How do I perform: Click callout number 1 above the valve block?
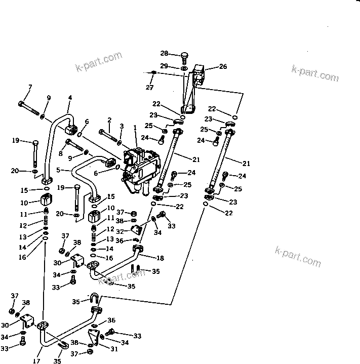coord(135,128)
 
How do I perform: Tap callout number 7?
coord(29,88)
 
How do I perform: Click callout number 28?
coord(164,53)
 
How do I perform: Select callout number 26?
coord(223,66)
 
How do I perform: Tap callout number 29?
coord(164,66)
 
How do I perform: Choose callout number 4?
coord(69,98)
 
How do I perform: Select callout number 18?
coord(160,258)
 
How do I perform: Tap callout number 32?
coord(119,231)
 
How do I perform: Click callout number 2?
coord(109,119)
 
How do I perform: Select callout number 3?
coord(122,126)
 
